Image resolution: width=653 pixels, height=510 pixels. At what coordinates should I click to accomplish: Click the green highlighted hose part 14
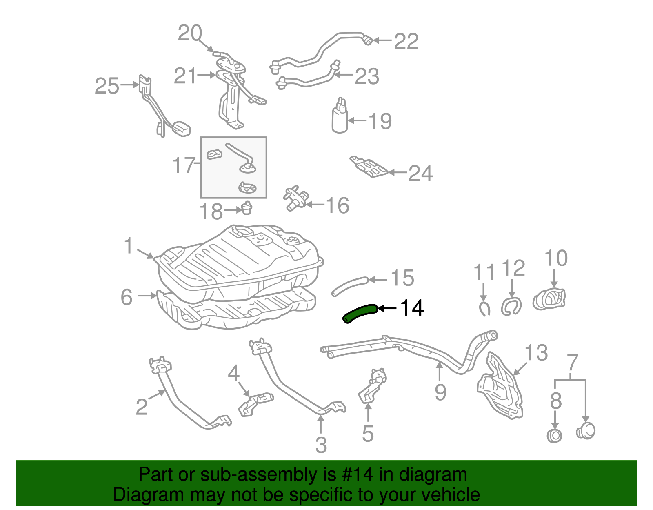[359, 314]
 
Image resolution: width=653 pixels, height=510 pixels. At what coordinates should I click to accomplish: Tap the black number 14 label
[412, 308]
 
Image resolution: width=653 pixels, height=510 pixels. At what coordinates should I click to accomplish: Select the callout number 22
[406, 42]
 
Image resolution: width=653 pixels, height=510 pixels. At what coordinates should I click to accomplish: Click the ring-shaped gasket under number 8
[554, 435]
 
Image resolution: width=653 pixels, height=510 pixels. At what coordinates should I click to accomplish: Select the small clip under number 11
[484, 309]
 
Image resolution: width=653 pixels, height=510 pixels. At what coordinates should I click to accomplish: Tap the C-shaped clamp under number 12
[511, 306]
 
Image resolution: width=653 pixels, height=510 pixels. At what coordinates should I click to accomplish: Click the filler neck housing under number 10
[549, 300]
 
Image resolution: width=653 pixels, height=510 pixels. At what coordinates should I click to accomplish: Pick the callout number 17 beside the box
[184, 165]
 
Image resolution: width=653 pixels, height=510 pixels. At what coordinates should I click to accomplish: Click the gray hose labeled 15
[350, 285]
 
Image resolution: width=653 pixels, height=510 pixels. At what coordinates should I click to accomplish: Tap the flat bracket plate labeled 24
[369, 167]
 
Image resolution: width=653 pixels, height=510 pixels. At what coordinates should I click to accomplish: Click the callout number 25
[107, 86]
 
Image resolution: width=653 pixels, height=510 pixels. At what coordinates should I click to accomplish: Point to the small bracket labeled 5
[371, 386]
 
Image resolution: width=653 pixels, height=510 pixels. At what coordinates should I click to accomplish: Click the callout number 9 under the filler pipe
[440, 392]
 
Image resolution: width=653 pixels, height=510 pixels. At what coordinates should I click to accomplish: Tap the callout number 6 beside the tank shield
[127, 297]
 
